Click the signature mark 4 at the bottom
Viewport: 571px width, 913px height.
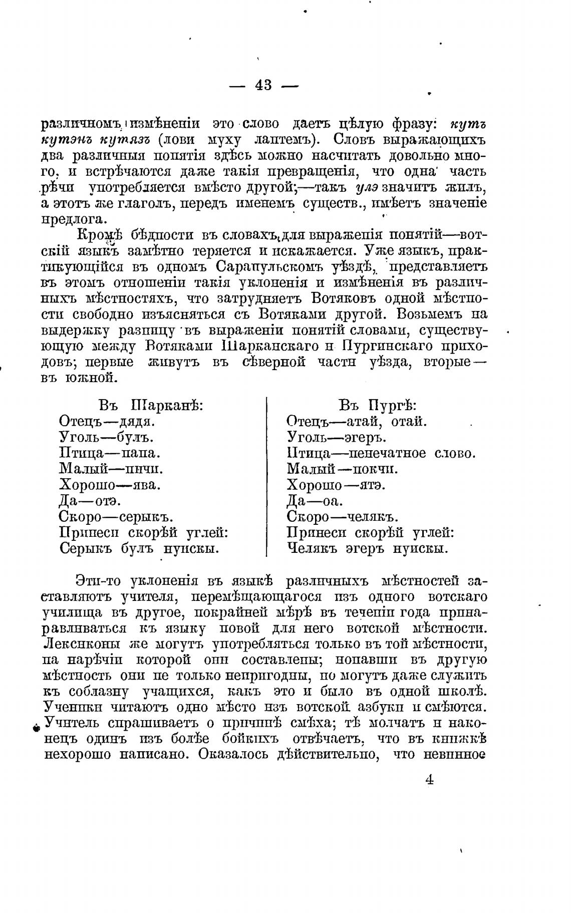tap(429, 780)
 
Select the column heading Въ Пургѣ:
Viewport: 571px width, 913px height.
tap(378, 405)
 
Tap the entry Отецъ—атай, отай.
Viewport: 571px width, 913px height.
tap(357, 421)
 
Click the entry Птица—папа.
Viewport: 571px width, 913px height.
tap(109, 453)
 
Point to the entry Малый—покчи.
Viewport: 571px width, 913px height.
tap(343, 469)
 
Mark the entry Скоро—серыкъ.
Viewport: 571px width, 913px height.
tap(116, 517)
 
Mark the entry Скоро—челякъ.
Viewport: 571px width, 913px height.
tap(343, 517)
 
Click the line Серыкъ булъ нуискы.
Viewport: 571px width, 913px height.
tap(139, 549)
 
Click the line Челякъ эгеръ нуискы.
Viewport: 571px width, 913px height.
tap(368, 549)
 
